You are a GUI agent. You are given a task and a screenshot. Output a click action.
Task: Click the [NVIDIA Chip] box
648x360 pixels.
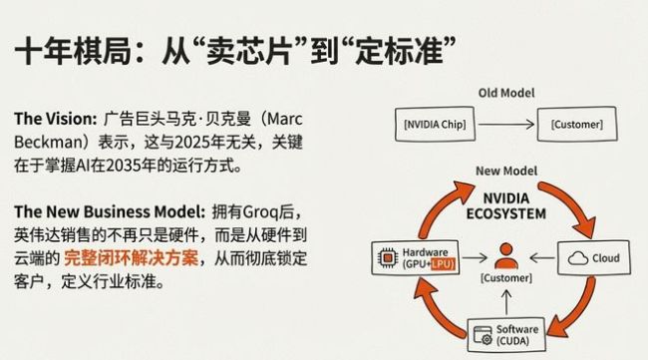click(438, 126)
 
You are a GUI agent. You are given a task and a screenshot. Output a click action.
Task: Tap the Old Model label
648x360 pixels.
click(506, 93)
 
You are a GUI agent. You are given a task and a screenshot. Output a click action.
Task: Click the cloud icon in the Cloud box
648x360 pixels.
click(575, 257)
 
